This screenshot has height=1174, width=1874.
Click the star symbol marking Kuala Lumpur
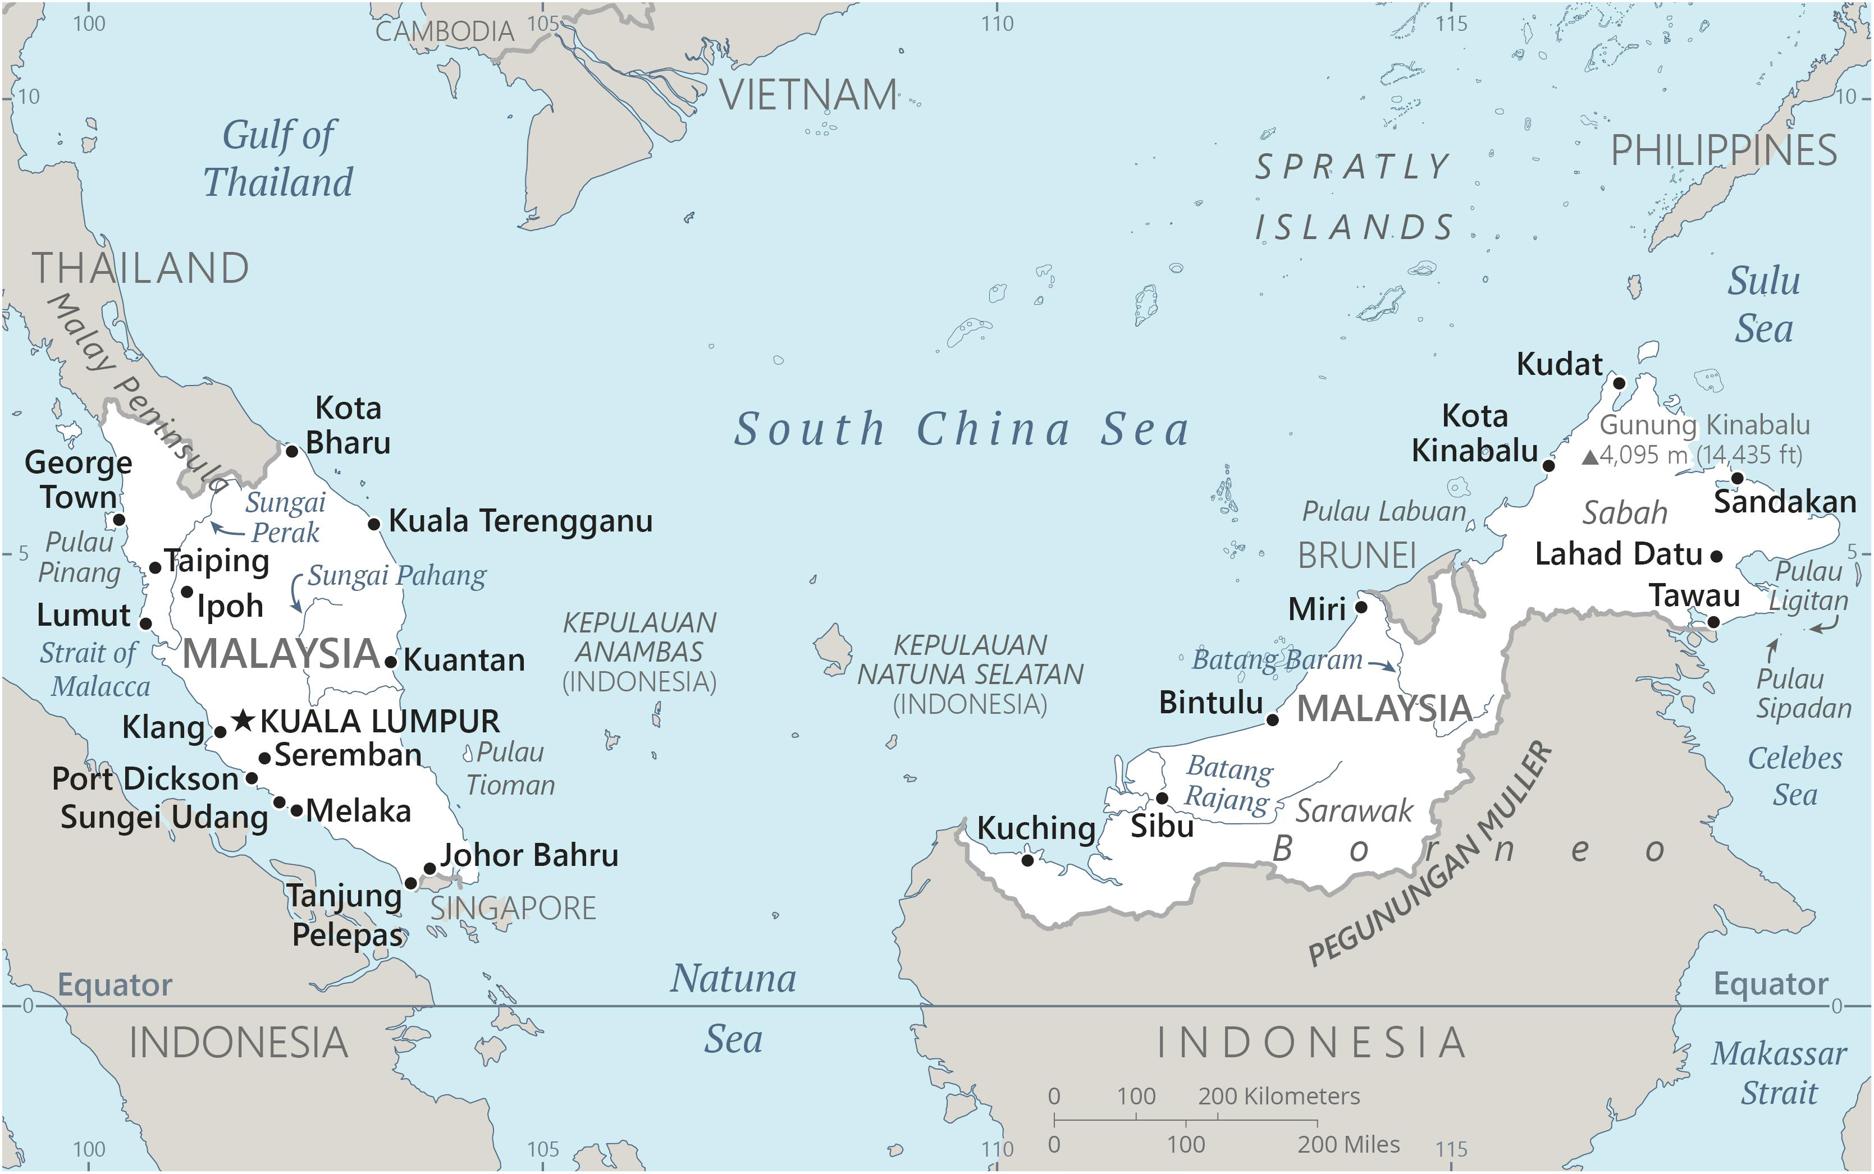coord(243,721)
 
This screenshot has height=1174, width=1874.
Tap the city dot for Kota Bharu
coord(292,451)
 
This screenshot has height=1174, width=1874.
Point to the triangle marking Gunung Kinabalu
coord(1590,457)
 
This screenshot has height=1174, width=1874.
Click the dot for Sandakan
coord(1738,478)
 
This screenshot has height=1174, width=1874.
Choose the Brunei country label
coord(1357,556)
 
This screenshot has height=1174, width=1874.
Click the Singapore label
coord(513,907)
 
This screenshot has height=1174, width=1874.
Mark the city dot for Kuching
coord(1027,860)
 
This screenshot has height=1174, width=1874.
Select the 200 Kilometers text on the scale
coord(1278,1097)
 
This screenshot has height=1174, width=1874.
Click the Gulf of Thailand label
coord(278,159)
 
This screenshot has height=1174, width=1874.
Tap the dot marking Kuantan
coord(391,662)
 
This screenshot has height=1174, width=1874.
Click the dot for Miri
coord(1361,607)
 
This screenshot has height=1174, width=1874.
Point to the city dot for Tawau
coord(1713,622)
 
